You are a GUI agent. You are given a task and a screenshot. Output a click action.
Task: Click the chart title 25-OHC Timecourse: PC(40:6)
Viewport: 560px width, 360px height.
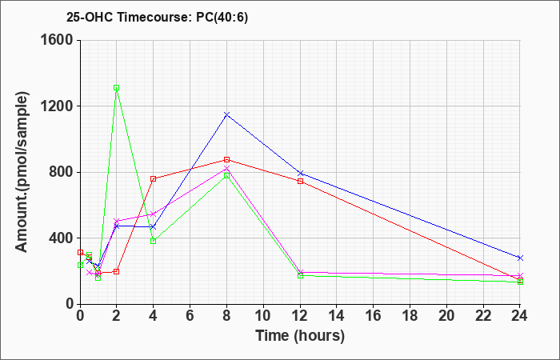click(157, 18)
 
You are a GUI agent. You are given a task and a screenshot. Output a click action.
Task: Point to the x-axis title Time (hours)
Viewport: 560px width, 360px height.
click(300, 336)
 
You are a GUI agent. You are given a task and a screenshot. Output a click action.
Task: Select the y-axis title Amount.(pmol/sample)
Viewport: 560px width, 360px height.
click(22, 172)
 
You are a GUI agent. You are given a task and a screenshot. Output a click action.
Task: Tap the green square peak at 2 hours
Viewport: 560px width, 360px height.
click(117, 87)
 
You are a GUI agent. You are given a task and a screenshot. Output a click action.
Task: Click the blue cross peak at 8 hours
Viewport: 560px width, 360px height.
click(226, 114)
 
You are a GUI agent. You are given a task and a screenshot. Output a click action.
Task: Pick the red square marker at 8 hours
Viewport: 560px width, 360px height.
click(226, 160)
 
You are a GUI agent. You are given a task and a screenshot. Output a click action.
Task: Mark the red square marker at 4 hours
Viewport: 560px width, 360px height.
click(154, 178)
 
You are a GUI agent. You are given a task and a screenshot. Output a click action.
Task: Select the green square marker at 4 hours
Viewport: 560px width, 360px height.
click(154, 241)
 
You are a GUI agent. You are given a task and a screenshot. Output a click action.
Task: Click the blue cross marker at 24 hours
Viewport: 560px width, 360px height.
click(520, 258)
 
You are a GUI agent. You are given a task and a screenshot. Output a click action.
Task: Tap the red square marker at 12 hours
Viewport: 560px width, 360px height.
click(300, 181)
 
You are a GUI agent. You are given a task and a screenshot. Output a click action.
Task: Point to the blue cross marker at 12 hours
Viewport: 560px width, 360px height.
click(300, 174)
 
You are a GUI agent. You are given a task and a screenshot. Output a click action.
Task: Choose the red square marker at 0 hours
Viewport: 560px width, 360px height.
click(80, 253)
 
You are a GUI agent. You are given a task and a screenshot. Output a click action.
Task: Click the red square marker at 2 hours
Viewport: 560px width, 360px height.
click(117, 271)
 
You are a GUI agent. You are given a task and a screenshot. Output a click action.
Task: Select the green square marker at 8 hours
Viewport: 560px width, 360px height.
click(226, 175)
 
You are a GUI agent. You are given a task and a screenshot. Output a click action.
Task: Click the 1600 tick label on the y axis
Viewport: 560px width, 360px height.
click(57, 40)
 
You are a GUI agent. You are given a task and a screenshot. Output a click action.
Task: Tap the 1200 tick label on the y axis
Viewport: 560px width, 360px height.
click(57, 106)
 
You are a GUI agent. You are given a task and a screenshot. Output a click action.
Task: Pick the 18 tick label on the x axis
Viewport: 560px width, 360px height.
click(410, 316)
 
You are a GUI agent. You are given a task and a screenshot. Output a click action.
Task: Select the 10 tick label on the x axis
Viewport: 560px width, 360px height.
click(263, 316)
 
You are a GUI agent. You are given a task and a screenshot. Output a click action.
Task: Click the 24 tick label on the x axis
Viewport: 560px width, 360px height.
click(520, 316)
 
